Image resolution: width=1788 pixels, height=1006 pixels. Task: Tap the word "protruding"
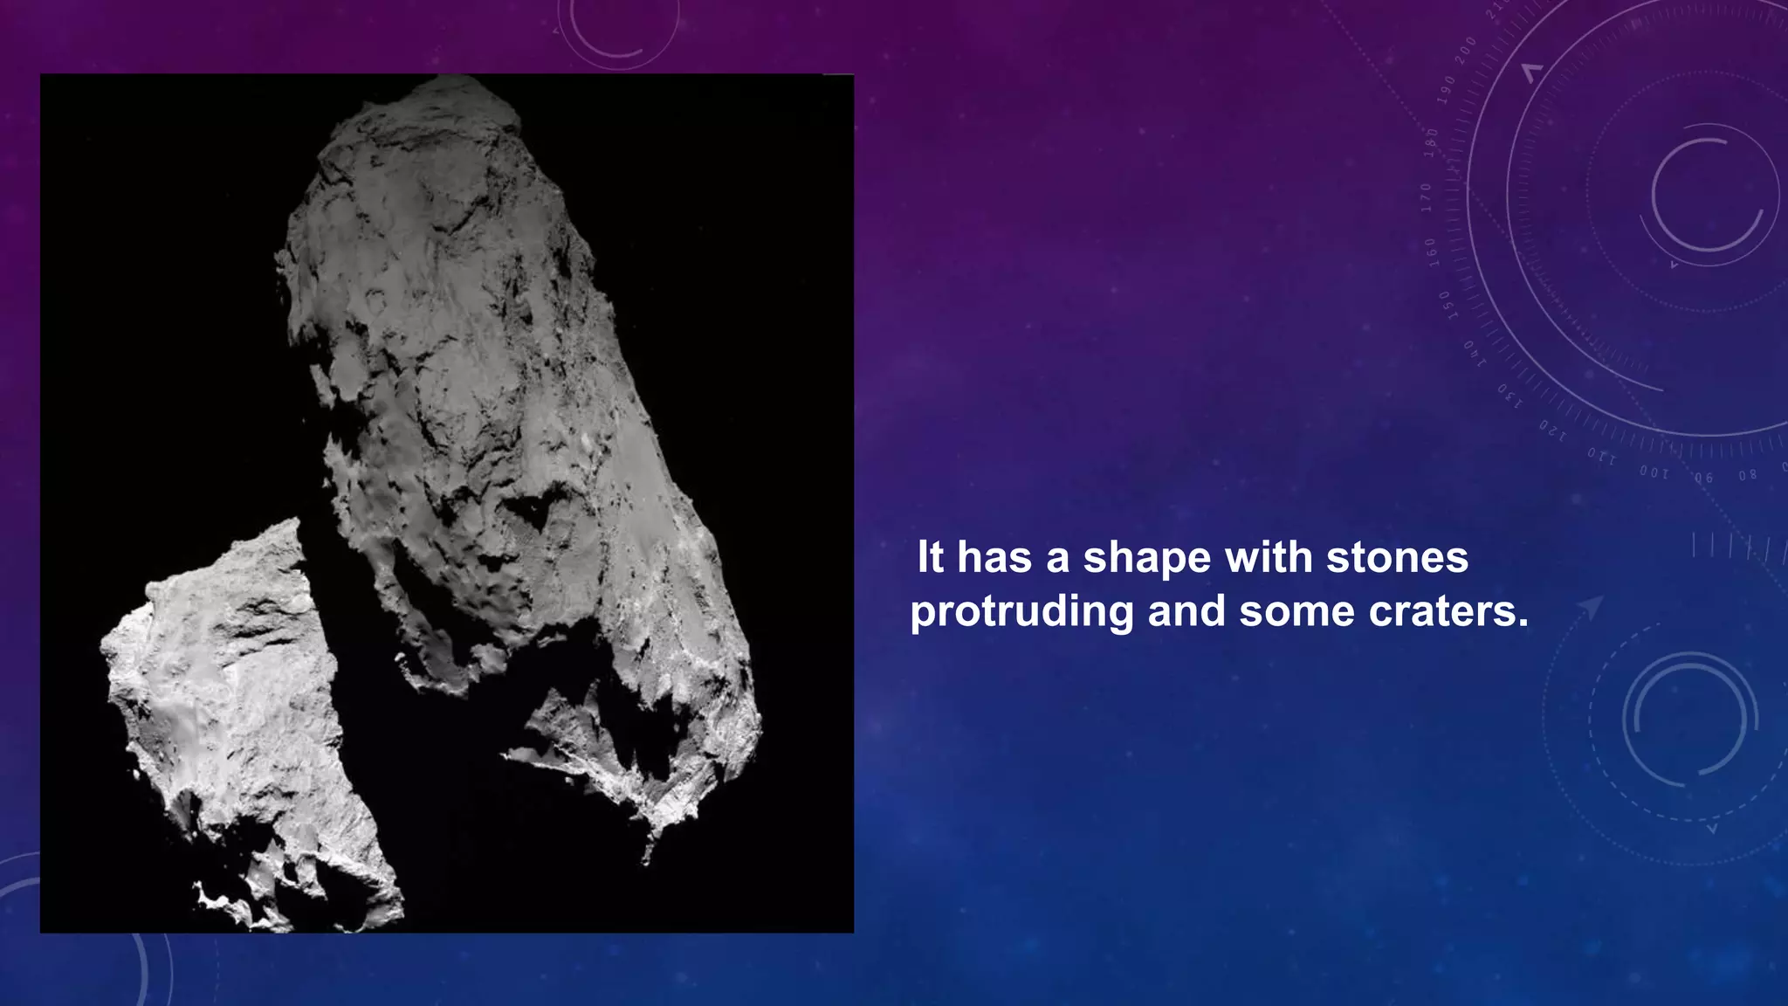[1021, 612]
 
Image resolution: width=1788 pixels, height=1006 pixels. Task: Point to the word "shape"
[1147, 559]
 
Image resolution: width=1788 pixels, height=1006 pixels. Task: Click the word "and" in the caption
[1186, 611]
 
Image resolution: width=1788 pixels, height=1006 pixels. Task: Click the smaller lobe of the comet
[236, 725]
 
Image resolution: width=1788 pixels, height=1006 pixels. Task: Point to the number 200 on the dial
[1466, 49]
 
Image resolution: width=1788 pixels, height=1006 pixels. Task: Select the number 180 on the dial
[1432, 142]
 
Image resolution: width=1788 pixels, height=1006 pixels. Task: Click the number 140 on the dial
[1475, 352]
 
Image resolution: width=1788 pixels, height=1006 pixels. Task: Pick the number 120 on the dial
[1552, 429]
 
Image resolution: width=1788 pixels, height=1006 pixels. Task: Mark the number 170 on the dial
[1427, 197]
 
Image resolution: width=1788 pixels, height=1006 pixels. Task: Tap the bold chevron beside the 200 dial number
[1531, 72]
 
